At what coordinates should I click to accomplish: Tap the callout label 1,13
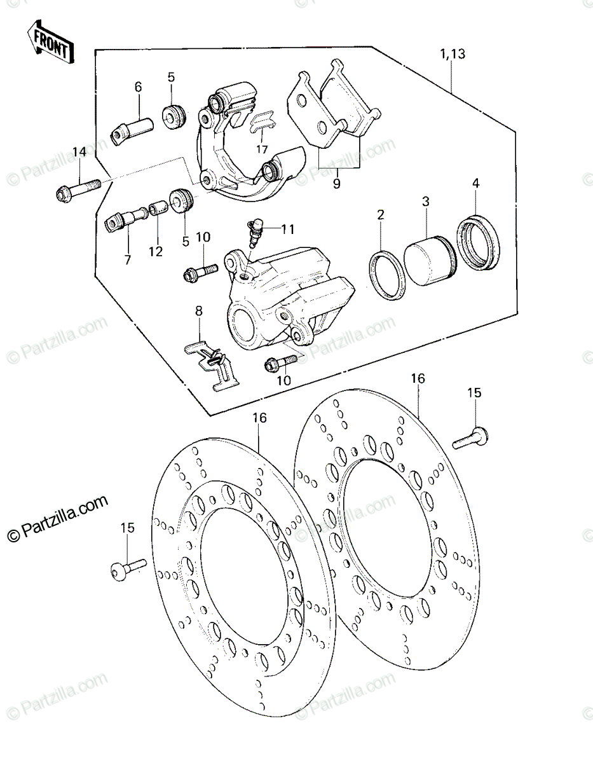point(453,55)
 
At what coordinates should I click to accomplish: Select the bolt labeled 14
point(79,189)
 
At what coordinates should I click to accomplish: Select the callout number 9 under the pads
point(336,184)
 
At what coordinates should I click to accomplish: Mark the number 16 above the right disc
point(418,378)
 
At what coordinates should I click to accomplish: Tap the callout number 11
point(287,230)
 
